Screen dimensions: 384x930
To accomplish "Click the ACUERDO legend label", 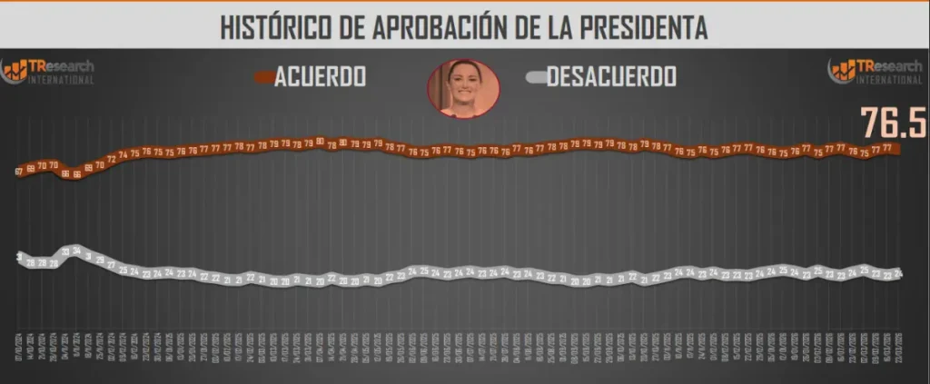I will (322, 77).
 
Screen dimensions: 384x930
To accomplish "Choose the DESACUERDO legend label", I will (610, 77).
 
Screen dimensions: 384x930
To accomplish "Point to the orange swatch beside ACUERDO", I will (264, 78).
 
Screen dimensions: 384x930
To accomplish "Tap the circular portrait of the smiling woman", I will (463, 87).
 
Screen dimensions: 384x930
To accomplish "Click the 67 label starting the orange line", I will (19, 171).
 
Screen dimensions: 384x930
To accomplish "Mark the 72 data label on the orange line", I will (112, 159).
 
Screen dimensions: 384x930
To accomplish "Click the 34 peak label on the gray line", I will (77, 251).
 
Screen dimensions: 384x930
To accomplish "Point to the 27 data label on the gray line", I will (112, 265).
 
